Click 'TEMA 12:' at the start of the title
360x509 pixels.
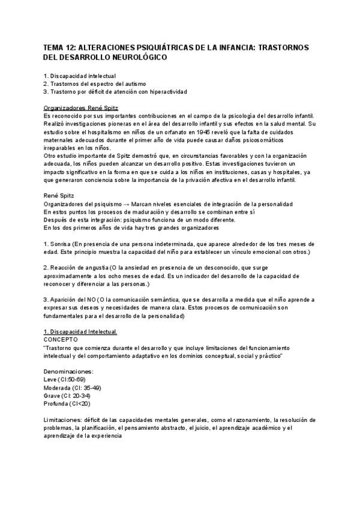[x=61, y=47]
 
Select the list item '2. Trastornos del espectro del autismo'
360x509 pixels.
[x=95, y=83]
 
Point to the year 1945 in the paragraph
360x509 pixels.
[x=208, y=131]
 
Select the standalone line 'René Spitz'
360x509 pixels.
[x=60, y=196]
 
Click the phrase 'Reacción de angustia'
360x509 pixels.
[x=80, y=267]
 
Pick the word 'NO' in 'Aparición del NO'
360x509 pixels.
[x=91, y=299]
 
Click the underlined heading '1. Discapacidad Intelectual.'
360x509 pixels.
[x=81, y=332]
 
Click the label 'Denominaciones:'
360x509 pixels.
[x=68, y=372]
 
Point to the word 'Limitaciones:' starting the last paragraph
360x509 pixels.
[x=65, y=420]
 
